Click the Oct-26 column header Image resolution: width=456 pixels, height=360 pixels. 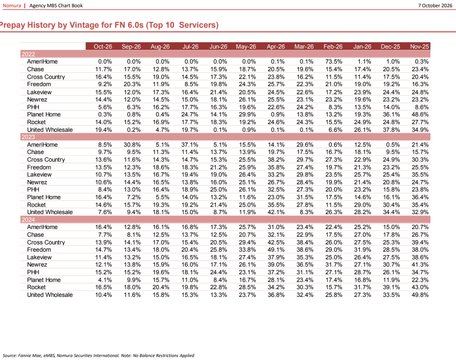[103, 46]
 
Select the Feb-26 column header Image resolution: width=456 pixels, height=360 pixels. [333, 46]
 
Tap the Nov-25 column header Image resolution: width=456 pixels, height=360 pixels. [419, 46]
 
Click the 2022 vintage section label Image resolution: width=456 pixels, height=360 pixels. [28, 54]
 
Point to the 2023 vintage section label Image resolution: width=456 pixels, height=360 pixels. [28, 137]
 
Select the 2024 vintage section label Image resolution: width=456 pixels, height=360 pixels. [28, 220]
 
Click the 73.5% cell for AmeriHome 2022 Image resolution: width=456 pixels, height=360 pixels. [334, 62]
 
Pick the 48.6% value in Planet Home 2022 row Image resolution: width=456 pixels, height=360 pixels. [420, 115]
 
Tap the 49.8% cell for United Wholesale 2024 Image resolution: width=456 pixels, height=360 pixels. [420, 295]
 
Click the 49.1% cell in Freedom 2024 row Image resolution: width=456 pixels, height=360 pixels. [276, 250]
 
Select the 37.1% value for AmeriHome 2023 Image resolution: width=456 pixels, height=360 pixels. [190, 145]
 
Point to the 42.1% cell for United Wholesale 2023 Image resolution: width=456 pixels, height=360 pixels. [276, 212]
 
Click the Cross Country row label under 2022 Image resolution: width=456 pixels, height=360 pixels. [46, 77]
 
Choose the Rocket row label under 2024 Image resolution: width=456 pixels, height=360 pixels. [36, 287]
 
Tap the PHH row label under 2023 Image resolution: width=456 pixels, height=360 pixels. [33, 189]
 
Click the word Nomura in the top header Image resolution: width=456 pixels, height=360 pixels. [12, 6]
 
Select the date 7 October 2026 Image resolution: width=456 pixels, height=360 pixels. [435, 6]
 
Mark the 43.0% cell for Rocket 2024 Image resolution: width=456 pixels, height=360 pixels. [420, 287]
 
